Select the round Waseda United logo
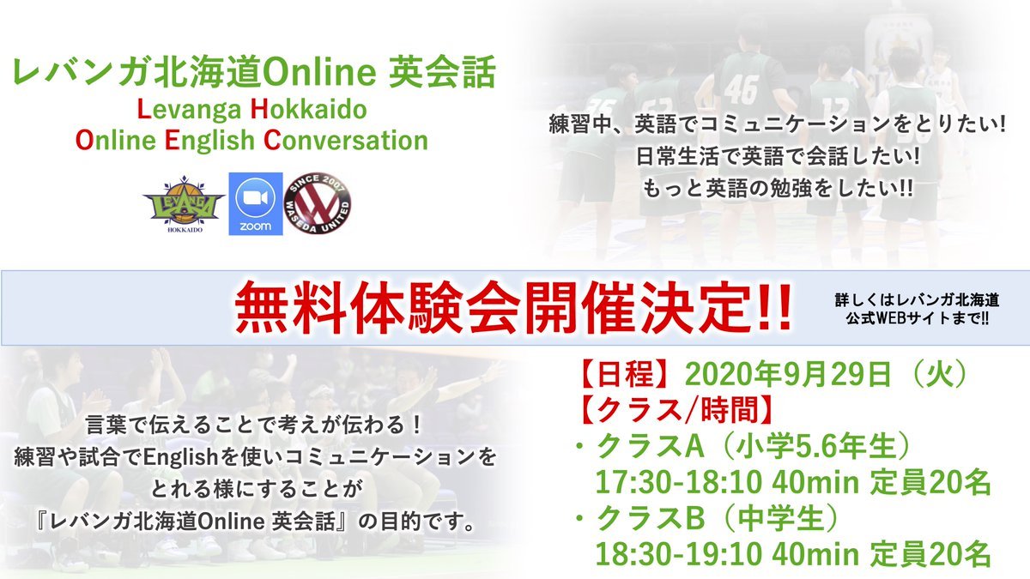pos(318,203)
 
